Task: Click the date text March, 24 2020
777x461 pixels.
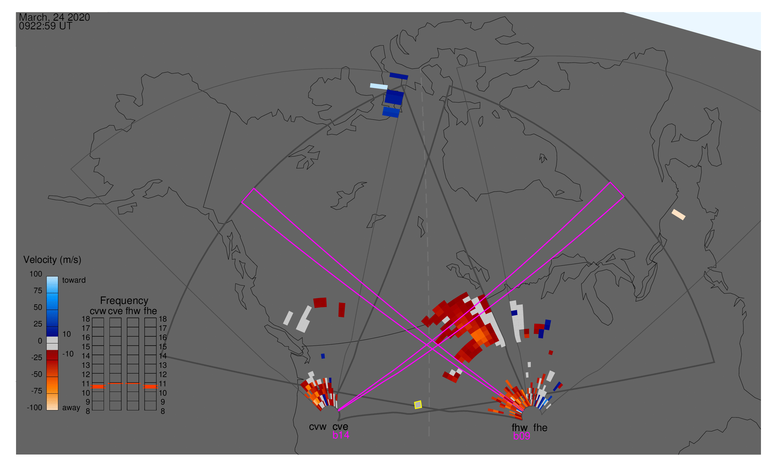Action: pyautogui.click(x=54, y=17)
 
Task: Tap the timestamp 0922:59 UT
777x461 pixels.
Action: pyautogui.click(x=46, y=26)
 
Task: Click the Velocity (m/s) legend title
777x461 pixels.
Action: pyautogui.click(x=52, y=260)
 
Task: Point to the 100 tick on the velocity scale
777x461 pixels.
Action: pyautogui.click(x=36, y=274)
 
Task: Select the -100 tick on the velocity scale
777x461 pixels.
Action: pyautogui.click(x=35, y=408)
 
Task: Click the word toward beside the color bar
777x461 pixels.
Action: pyautogui.click(x=74, y=280)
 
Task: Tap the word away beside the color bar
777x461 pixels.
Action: pyautogui.click(x=71, y=408)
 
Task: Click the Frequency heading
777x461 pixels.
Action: pyautogui.click(x=124, y=301)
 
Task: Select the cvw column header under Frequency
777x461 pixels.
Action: pyautogui.click(x=98, y=311)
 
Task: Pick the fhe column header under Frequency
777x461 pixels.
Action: pyautogui.click(x=150, y=311)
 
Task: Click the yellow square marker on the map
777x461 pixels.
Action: pyautogui.click(x=418, y=405)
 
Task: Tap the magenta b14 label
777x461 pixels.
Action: pyautogui.click(x=341, y=435)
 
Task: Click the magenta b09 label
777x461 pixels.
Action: pyautogui.click(x=522, y=436)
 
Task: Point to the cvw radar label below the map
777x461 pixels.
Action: pyautogui.click(x=318, y=427)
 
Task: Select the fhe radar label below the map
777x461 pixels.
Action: pyautogui.click(x=540, y=428)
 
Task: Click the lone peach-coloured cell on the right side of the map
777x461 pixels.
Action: pyautogui.click(x=679, y=215)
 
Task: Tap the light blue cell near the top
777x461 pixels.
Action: pyautogui.click(x=379, y=86)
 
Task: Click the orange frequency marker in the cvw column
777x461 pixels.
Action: pyautogui.click(x=98, y=387)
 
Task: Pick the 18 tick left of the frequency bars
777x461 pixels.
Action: pyautogui.click(x=86, y=319)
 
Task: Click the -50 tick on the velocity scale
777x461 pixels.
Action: pyautogui.click(x=37, y=374)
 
